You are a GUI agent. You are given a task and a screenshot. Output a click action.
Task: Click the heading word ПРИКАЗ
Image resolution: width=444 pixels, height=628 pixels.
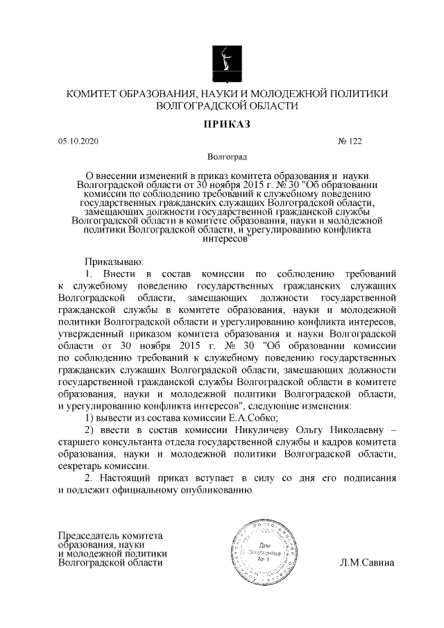click(x=222, y=124)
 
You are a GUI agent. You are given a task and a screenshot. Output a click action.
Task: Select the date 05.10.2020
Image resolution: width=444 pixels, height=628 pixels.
click(x=78, y=141)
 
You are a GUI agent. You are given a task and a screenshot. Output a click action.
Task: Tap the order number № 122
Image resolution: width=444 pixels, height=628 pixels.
click(x=350, y=141)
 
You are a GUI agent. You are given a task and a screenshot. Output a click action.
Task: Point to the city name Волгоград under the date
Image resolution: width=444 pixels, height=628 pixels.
click(x=222, y=158)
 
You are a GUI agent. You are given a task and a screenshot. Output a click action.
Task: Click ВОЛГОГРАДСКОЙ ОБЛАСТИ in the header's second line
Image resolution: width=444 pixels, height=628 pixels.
click(x=221, y=106)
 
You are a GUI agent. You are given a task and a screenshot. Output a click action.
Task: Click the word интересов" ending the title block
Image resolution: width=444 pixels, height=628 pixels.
click(x=223, y=237)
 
